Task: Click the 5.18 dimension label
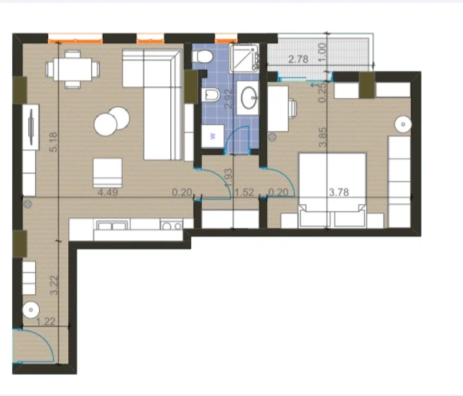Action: coord(54,142)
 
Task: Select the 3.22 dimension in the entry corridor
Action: coord(55,284)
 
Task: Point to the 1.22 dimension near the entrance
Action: coord(45,322)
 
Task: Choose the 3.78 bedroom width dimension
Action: coord(339,192)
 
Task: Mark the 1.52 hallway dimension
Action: coord(244,192)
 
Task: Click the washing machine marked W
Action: coord(212,137)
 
